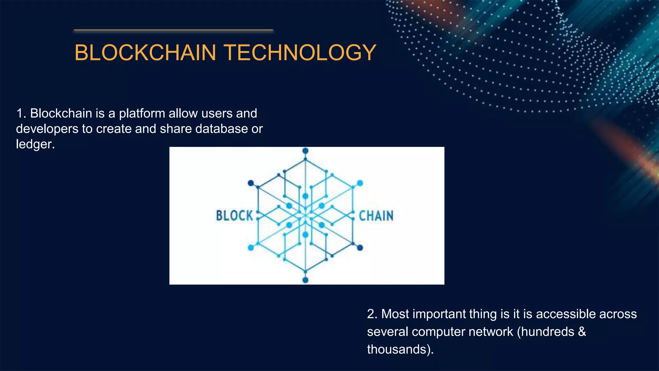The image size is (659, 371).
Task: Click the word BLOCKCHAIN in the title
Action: pos(145,52)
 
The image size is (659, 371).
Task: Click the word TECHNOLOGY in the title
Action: pos(300,52)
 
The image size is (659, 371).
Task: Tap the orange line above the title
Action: pos(173,30)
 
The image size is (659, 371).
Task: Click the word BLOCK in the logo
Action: pos(235,216)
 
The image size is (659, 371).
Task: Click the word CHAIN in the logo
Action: pos(376,216)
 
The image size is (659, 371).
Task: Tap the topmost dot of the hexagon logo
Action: pos(305,151)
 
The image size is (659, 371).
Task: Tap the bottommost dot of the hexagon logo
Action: pos(305,280)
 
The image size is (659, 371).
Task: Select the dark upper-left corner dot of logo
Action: pos(251,183)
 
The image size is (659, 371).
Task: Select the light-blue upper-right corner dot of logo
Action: pos(360,183)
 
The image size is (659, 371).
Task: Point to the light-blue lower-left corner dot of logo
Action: pos(251,248)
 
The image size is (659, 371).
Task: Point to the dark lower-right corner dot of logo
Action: pos(360,248)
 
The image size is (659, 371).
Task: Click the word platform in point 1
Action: pos(142,114)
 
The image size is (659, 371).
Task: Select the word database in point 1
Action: pos(221,129)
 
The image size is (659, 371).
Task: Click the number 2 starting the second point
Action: pos(371,314)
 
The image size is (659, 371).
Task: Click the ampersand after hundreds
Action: pos(582,332)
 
